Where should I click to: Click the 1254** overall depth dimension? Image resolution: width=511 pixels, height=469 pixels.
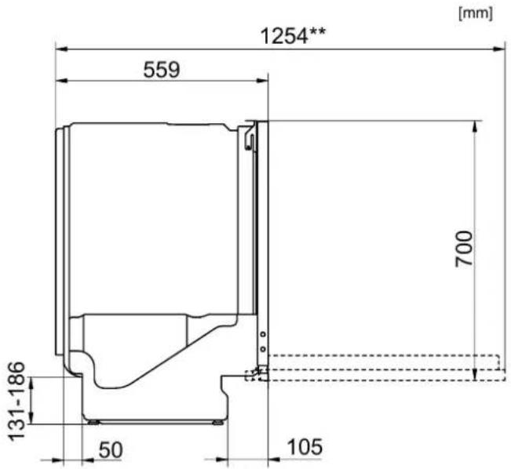click(x=293, y=35)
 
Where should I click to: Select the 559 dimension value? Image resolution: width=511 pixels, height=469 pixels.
click(x=162, y=70)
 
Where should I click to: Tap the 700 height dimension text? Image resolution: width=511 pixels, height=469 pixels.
click(x=464, y=249)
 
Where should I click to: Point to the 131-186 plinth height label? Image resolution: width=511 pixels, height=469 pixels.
click(x=16, y=402)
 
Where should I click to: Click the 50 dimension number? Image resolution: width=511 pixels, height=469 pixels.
click(x=111, y=450)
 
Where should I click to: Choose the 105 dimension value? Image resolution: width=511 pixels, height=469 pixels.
click(x=305, y=447)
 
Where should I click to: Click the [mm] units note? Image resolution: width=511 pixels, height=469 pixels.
click(x=476, y=13)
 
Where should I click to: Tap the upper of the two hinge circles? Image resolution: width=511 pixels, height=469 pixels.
click(x=263, y=334)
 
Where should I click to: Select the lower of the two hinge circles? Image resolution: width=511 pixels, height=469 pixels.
click(x=263, y=349)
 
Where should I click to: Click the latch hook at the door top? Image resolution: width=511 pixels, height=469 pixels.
click(x=250, y=136)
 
